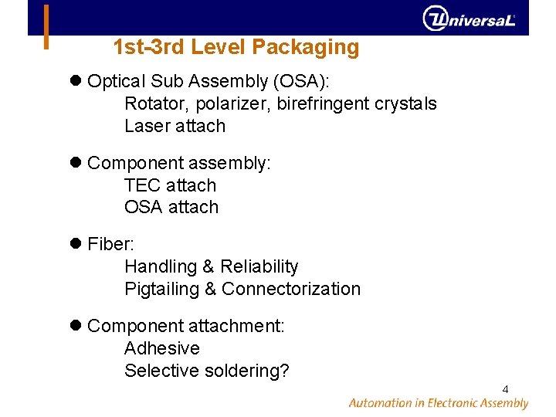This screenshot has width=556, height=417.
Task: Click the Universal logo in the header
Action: [469, 18]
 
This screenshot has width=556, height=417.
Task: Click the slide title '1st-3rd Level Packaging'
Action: [236, 48]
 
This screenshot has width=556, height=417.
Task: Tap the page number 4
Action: [505, 388]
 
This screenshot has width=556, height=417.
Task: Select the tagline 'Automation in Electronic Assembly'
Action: [438, 403]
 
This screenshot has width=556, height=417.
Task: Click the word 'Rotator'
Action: [152, 104]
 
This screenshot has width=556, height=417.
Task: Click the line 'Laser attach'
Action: [175, 126]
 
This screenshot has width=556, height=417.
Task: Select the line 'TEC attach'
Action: [170, 185]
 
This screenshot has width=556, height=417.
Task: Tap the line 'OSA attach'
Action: [171, 207]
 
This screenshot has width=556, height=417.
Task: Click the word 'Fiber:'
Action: [111, 245]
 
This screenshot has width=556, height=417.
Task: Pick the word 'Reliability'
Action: [259, 267]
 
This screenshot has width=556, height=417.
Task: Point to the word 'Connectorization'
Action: [291, 289]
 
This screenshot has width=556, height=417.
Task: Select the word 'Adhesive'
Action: [161, 348]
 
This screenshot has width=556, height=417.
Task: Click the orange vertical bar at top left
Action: [46, 27]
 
